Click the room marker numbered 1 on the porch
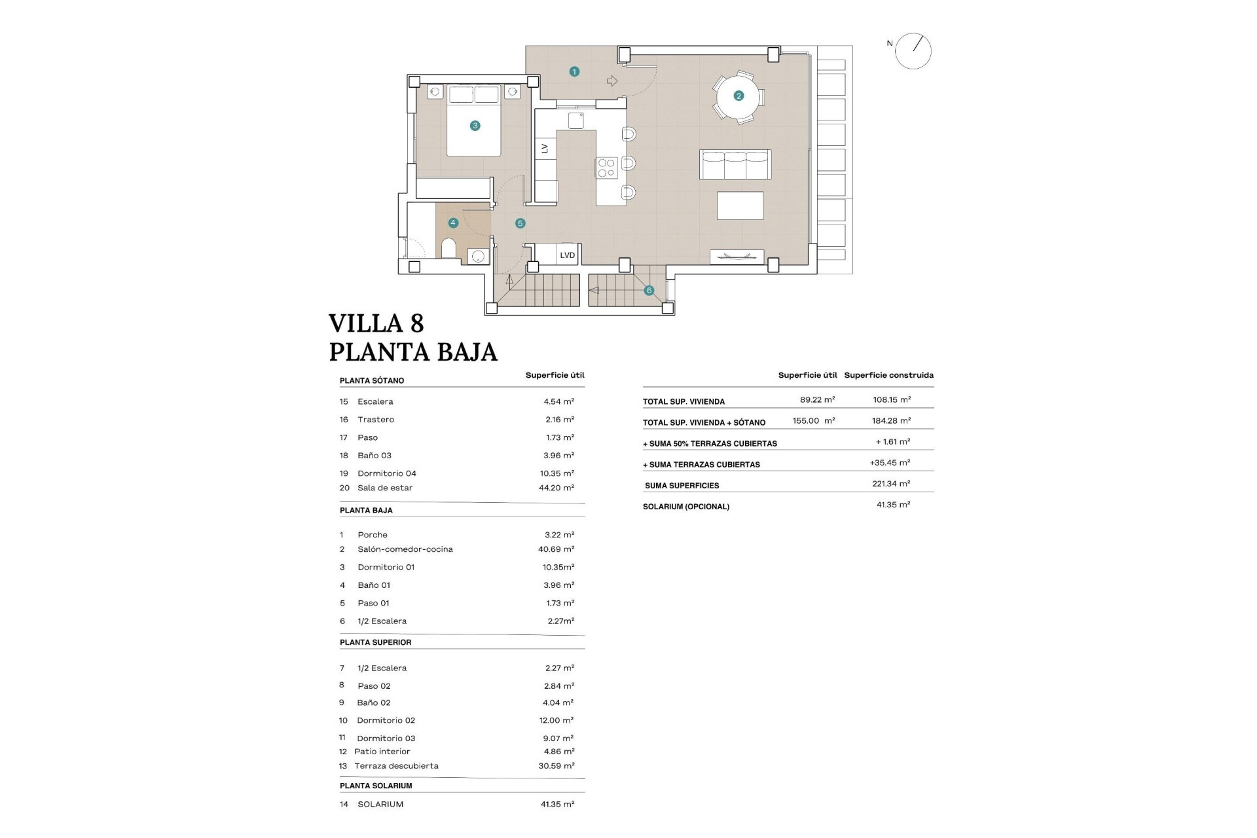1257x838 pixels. [x=574, y=71]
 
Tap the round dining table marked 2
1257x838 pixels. [x=738, y=96]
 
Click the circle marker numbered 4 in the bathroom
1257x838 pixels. [x=453, y=223]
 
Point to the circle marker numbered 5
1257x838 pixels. [x=520, y=223]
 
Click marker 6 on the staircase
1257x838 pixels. [x=649, y=290]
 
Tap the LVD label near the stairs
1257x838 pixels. [x=567, y=255]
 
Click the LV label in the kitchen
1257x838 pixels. [x=545, y=149]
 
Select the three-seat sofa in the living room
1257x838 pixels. [x=735, y=164]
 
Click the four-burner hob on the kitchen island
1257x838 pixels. [x=606, y=168]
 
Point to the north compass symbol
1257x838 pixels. [x=913, y=51]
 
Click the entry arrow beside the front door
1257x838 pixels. [x=612, y=81]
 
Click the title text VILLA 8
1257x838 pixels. [x=376, y=323]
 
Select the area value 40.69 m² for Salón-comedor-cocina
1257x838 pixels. [x=556, y=549]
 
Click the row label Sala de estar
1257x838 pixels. [x=385, y=488]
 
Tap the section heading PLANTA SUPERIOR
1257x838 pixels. [x=375, y=642]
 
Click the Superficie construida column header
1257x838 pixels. [x=888, y=375]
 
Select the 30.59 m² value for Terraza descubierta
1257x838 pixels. [x=556, y=765]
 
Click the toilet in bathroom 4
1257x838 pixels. [x=449, y=249]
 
